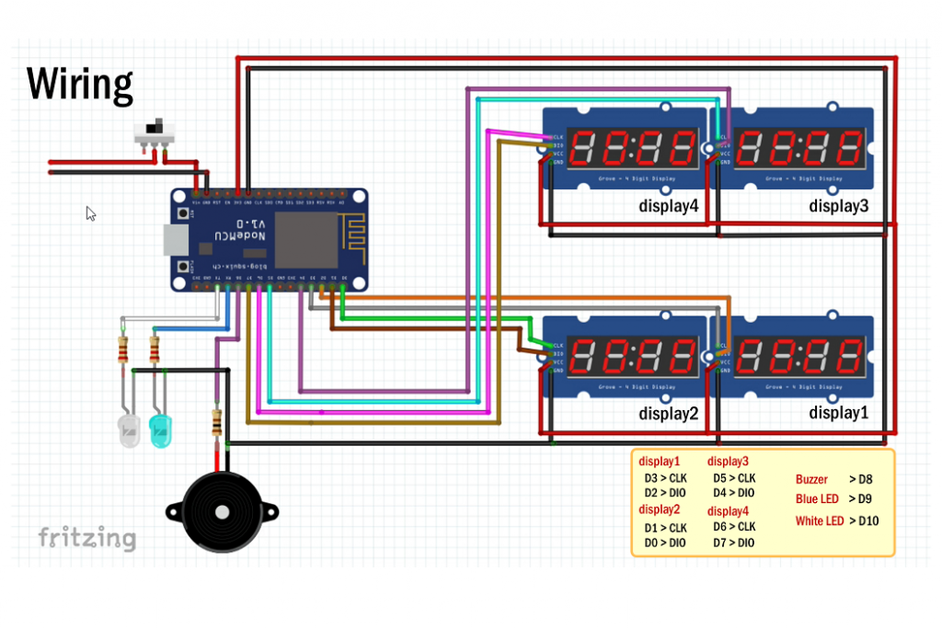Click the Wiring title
point(80,85)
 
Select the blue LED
point(161,429)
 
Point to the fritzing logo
point(87,538)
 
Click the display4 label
point(669,206)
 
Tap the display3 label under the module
point(838,206)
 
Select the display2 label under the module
point(669,414)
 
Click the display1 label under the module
point(838,413)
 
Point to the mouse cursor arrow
point(90,213)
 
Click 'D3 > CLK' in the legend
point(665,478)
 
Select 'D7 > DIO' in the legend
point(733,543)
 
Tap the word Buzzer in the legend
point(811,479)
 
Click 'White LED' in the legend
point(819,521)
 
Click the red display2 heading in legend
point(660,509)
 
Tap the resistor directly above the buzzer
point(217,423)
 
